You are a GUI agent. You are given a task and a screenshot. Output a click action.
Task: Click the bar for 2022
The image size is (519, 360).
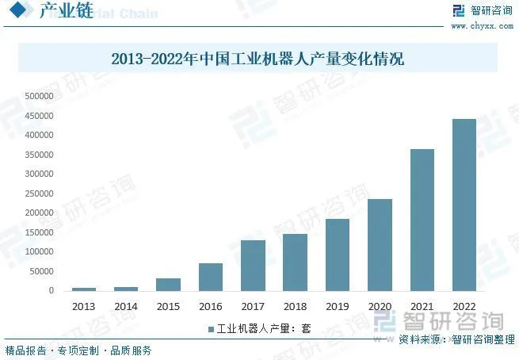(x=464, y=205)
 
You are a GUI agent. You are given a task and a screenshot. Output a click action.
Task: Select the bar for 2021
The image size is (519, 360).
(x=422, y=220)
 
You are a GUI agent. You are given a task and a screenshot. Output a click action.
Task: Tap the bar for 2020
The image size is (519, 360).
(x=380, y=244)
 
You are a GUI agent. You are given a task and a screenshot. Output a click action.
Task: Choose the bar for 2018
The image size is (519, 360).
(x=295, y=262)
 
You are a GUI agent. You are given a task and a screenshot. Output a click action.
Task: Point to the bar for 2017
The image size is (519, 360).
(x=253, y=265)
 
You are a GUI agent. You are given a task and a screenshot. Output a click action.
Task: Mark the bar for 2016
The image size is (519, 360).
(x=211, y=277)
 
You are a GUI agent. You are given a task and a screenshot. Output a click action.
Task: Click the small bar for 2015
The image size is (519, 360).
(x=168, y=284)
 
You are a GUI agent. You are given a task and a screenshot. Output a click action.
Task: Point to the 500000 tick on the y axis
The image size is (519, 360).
(x=40, y=96)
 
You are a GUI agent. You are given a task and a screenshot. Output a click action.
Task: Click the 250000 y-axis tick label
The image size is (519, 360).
(x=40, y=193)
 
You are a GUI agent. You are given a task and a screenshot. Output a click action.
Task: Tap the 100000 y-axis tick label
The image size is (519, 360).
(x=40, y=251)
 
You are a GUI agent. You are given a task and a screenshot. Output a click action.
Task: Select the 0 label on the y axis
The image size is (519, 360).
(x=52, y=290)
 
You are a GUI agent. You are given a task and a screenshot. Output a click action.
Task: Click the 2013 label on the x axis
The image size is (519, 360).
(x=83, y=305)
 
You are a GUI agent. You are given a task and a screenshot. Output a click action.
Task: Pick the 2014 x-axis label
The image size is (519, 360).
(x=126, y=305)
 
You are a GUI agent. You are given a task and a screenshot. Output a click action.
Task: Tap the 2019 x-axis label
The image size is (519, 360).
(x=337, y=305)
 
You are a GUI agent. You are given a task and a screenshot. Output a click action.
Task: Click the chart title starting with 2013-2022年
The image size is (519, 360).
(x=258, y=59)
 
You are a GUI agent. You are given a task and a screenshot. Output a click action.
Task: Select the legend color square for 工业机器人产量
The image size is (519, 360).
(x=211, y=328)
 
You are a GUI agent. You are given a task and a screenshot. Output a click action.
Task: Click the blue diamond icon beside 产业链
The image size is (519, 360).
(x=19, y=11)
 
